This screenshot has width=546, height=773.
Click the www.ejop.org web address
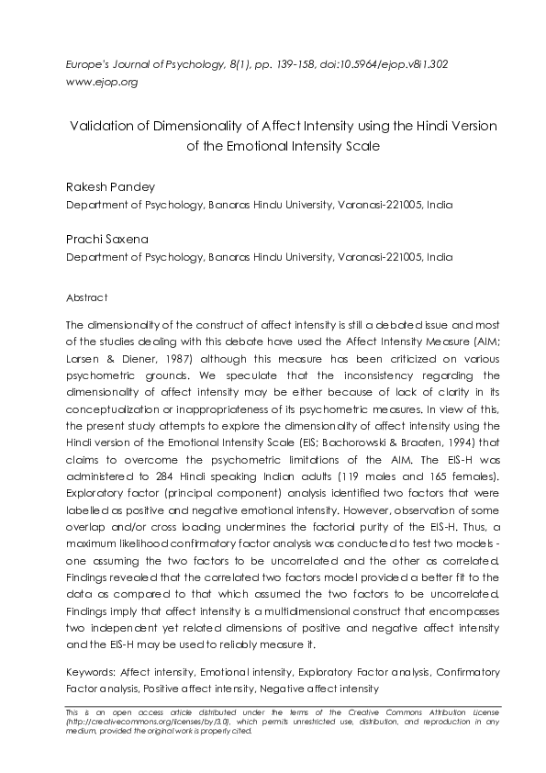(102, 82)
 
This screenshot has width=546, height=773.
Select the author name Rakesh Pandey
(110, 187)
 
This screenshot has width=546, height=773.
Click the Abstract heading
(87, 297)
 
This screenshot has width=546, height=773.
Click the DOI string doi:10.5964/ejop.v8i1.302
(373, 65)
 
